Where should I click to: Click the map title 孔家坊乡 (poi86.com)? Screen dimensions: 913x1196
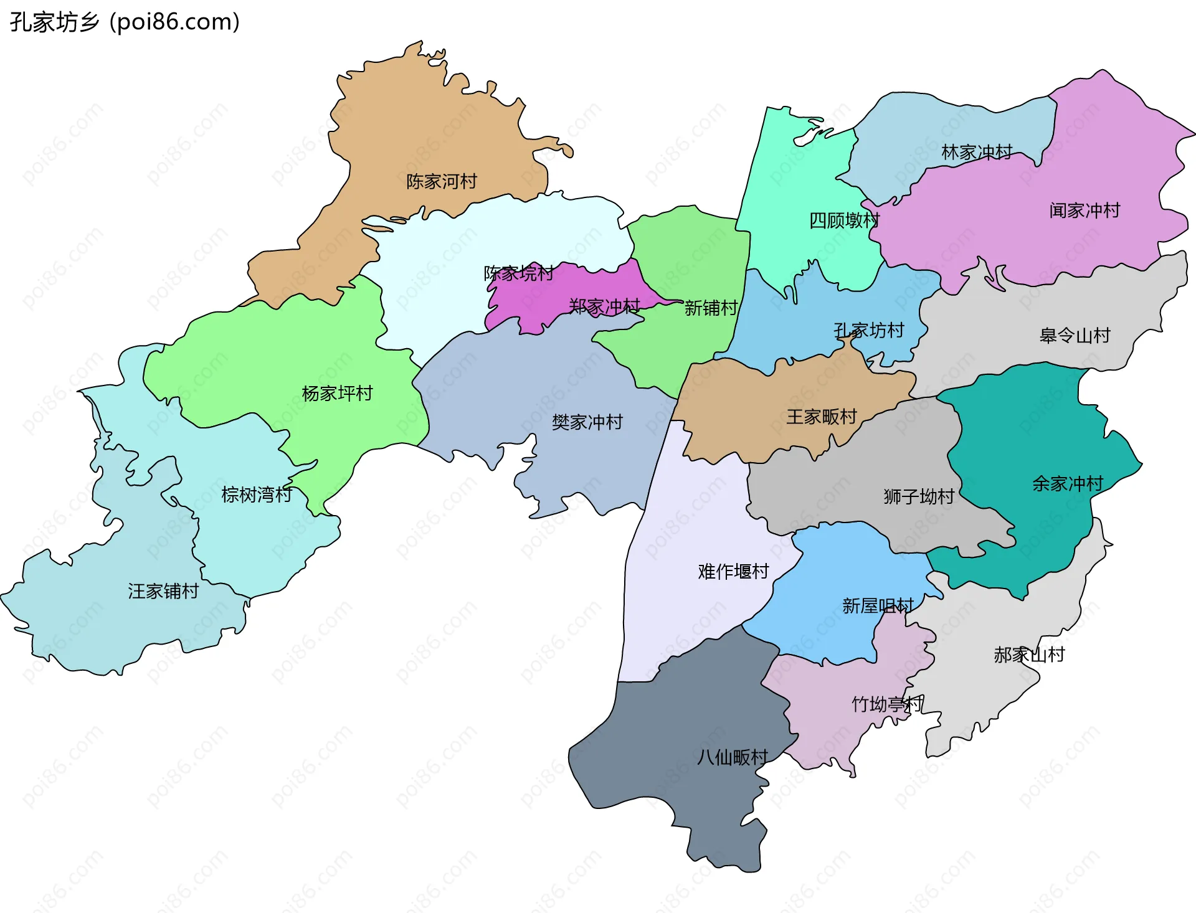125,22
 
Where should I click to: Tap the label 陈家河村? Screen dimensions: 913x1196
442,181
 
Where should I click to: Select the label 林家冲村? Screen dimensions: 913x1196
977,152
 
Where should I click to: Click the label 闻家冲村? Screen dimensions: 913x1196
1084,211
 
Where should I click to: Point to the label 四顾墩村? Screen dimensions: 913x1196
844,220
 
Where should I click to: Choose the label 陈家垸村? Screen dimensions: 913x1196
519,273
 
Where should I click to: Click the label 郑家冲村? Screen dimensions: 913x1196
604,306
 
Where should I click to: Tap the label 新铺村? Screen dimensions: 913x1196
711,308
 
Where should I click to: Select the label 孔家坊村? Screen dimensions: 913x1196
869,330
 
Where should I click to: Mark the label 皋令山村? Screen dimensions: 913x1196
1075,336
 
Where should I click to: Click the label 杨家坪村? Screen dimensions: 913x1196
337,393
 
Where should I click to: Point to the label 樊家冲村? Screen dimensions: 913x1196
587,422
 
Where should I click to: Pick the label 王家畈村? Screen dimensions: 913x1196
822,417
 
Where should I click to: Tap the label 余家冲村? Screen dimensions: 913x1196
1068,483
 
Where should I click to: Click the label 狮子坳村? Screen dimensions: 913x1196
919,496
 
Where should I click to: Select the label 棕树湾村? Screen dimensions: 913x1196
257,494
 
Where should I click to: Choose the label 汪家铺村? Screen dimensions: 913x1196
163,591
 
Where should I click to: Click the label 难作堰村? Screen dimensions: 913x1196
733,571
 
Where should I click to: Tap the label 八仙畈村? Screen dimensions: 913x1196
732,757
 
